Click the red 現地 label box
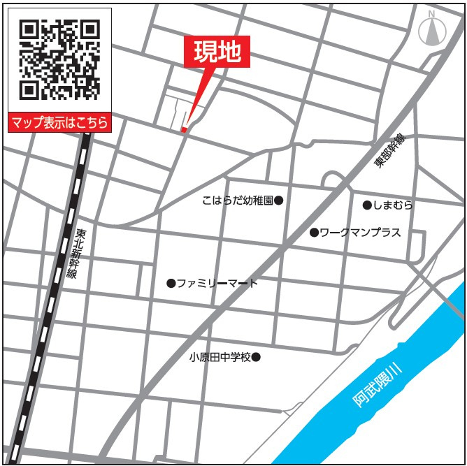(x=217, y=52)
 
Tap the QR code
(x=59, y=60)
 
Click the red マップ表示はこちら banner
(x=59, y=123)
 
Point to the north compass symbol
(x=432, y=31)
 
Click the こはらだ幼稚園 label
(x=238, y=201)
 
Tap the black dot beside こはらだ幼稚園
(x=278, y=201)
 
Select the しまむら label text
(x=393, y=205)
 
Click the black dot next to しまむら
(x=366, y=205)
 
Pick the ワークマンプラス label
(x=360, y=232)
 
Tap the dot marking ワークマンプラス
(x=314, y=232)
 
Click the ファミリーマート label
(x=217, y=283)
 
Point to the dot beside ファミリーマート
(x=171, y=283)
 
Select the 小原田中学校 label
(x=220, y=357)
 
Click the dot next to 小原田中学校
(x=256, y=357)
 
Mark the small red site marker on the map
(x=184, y=129)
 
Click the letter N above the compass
(x=431, y=13)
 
